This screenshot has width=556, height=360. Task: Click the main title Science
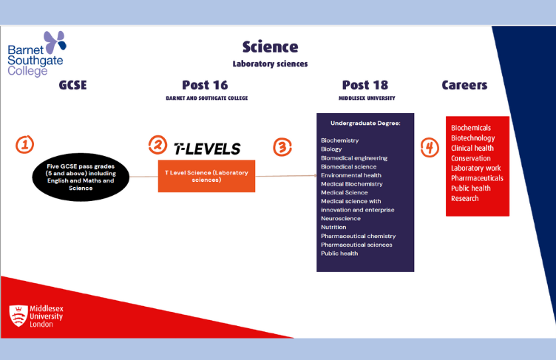click(270, 47)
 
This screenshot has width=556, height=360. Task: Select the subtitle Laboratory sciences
click(270, 64)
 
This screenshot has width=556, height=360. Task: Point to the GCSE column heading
click(72, 85)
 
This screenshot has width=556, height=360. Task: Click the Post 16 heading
click(206, 85)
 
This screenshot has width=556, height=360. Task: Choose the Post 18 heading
click(365, 85)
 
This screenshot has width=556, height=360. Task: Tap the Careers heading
click(464, 85)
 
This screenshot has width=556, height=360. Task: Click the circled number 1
click(24, 145)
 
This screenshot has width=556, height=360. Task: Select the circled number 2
click(157, 144)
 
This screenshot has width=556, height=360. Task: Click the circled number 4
click(430, 147)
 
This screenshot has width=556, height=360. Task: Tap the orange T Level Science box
click(206, 176)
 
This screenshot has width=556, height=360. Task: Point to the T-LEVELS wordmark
click(206, 149)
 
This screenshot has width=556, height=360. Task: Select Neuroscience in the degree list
click(341, 219)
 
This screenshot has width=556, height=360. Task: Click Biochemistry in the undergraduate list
click(339, 140)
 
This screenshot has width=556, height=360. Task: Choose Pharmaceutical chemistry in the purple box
click(359, 236)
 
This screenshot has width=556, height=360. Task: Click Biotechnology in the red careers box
click(472, 138)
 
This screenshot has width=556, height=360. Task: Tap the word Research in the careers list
click(464, 198)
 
